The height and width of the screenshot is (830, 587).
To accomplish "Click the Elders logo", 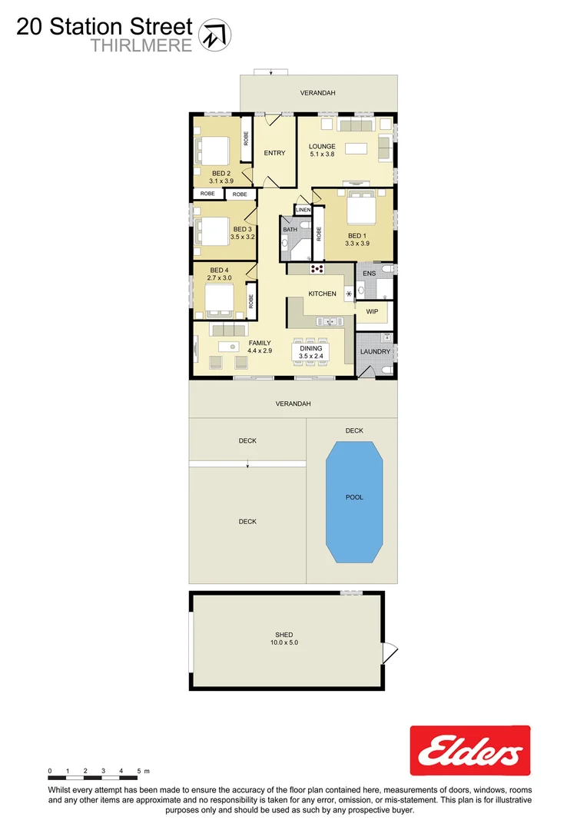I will [x=469, y=751].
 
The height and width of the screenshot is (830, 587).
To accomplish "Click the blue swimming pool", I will [x=353, y=501].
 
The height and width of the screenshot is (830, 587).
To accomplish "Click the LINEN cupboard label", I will [x=303, y=209].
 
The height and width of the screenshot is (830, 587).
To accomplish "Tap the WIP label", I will [x=372, y=311].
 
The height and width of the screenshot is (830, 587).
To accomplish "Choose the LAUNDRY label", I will [x=376, y=352].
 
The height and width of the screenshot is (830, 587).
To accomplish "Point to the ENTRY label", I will [x=274, y=153].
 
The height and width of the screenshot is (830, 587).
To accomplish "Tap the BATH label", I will [x=290, y=230].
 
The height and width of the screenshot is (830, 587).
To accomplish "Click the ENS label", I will [x=369, y=274].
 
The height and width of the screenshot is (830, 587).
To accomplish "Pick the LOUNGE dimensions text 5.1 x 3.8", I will [x=322, y=154].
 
